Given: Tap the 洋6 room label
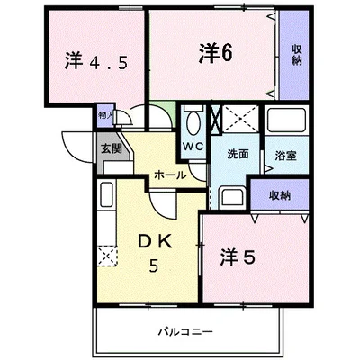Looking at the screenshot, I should [x=217, y=51].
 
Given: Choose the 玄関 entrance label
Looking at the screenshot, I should [x=110, y=149].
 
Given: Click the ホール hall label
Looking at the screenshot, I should [x=170, y=175].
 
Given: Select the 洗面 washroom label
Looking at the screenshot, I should [x=238, y=153].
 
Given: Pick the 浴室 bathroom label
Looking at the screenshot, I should [x=285, y=154].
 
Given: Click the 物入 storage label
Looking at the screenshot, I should [x=104, y=115].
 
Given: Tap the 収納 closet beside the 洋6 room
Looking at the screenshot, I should [x=295, y=54].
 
